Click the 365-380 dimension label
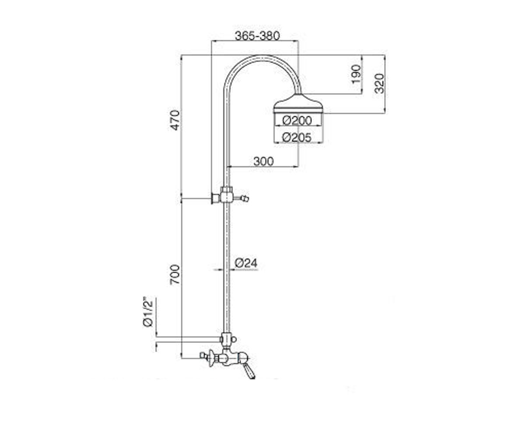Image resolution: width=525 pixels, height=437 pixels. click(x=257, y=36)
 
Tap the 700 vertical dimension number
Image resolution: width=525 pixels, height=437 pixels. click(x=175, y=274)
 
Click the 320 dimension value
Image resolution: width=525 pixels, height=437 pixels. click(x=379, y=83)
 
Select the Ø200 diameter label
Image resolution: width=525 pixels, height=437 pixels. click(x=297, y=121)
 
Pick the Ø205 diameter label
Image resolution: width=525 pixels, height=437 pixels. click(x=297, y=137)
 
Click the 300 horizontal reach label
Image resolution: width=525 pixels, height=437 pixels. click(x=263, y=161)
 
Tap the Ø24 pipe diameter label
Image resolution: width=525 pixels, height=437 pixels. click(x=246, y=263)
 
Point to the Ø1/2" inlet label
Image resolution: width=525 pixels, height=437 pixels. click(x=148, y=312)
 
